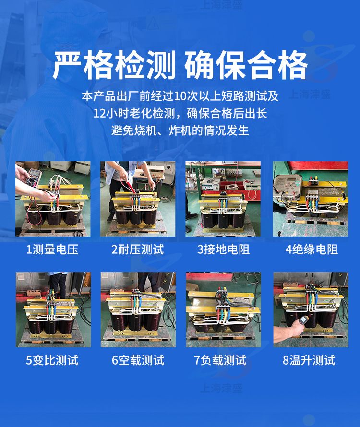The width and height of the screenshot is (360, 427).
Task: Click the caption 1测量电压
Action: click(52, 249)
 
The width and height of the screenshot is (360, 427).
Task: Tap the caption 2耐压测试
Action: click(138, 249)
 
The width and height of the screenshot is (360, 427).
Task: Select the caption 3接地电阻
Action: click(224, 249)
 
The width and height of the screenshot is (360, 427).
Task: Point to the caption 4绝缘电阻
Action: click(312, 249)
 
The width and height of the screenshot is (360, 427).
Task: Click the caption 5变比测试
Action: click(52, 360)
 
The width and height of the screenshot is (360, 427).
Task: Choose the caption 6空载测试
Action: click(138, 360)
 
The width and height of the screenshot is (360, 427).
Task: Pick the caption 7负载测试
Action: click(220, 360)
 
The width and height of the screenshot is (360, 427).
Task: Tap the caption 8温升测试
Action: click(309, 360)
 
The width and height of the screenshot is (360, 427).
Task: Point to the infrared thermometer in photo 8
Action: click(302, 321)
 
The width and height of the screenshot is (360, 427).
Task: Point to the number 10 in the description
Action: click(180, 96)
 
